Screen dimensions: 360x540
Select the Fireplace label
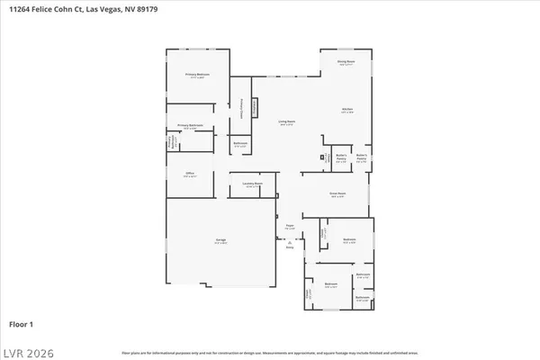tap(256, 107)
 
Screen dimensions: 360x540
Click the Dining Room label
tap(346, 62)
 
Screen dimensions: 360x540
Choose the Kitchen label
tap(346, 111)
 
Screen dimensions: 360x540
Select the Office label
tap(190, 174)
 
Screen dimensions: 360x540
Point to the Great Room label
tap(337, 194)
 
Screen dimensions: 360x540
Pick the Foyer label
tap(290, 226)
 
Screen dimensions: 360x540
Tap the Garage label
tap(220, 240)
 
